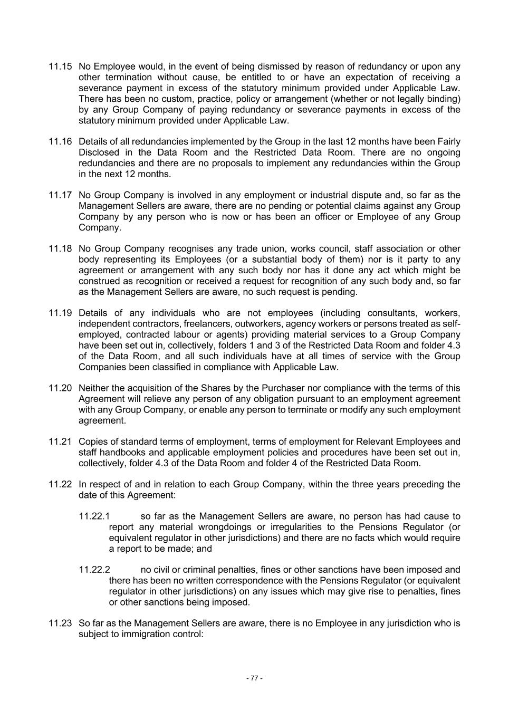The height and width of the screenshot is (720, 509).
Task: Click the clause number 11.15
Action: [60, 66]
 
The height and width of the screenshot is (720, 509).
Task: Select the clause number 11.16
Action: [60, 141]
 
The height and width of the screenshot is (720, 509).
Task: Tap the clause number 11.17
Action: [60, 195]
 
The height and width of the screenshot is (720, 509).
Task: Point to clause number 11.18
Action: [60, 248]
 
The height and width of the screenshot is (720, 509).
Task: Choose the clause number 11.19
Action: [60, 313]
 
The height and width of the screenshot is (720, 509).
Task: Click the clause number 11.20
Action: [60, 388]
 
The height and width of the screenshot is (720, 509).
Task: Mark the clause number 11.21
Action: [60, 441]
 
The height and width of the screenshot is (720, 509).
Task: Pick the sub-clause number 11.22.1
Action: [94, 516]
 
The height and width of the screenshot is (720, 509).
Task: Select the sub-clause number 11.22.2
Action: [94, 570]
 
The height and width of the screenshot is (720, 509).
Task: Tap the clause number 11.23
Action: [60, 623]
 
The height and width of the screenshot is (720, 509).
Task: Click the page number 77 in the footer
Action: [254, 678]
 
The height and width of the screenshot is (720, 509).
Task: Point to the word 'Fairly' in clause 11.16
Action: [447, 141]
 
